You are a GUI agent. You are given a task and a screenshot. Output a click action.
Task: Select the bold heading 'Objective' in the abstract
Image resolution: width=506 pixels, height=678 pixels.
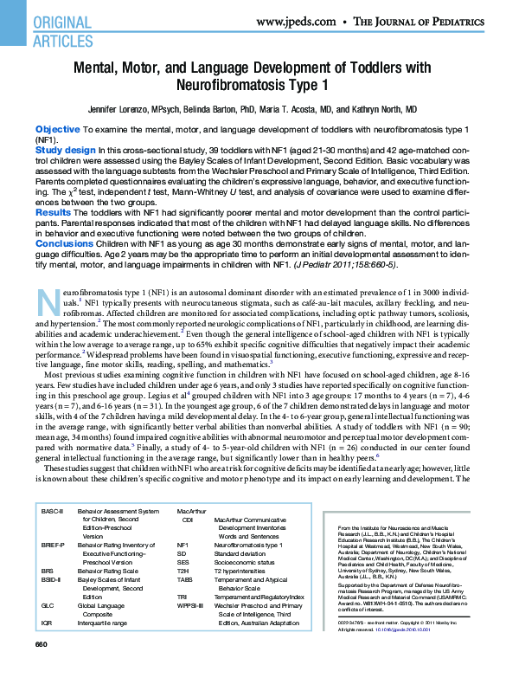point(57,128)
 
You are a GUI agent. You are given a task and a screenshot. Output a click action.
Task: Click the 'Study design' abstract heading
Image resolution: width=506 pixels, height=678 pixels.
point(66,150)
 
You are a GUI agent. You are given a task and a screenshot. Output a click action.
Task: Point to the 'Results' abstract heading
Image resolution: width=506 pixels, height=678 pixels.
point(54,212)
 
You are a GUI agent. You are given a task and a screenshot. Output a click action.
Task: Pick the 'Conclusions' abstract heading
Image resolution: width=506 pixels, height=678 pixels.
point(64,244)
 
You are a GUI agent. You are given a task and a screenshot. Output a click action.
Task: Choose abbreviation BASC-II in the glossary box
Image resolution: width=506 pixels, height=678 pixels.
point(54,513)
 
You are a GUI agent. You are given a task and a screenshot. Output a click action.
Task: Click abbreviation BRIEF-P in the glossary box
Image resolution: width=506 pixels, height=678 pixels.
point(54,546)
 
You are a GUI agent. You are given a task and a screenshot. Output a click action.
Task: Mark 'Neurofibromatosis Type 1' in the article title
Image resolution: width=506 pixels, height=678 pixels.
point(252,86)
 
